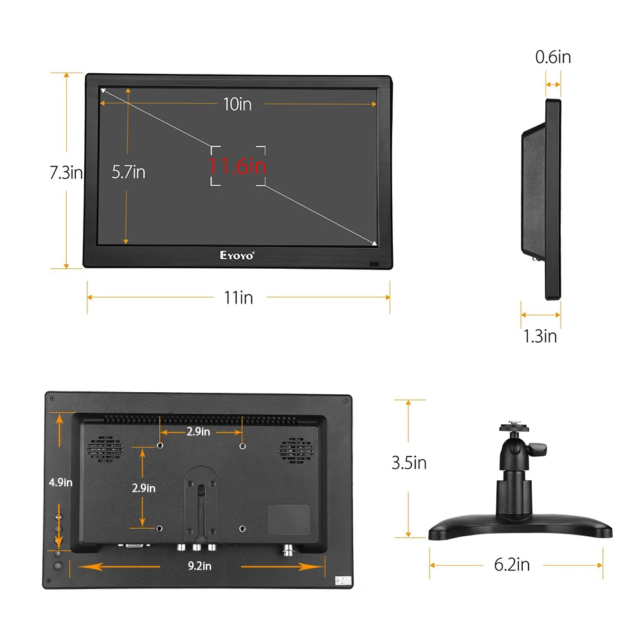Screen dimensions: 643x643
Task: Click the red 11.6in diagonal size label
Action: point(237,166)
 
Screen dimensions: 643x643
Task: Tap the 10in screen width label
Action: point(237,104)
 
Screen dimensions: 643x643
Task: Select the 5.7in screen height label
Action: point(129,172)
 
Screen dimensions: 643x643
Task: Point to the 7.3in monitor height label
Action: point(66,172)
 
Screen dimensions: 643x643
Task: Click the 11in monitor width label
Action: point(238,297)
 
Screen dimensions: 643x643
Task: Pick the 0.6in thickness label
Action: point(553,57)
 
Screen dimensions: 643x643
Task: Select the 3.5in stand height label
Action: point(409,462)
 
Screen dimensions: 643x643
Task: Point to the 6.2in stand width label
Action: point(512,565)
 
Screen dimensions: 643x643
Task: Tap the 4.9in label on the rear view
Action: point(59,482)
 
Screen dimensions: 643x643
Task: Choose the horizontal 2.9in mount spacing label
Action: point(199,431)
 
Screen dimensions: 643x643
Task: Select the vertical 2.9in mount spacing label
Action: point(143,488)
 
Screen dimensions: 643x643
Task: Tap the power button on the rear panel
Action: point(58,566)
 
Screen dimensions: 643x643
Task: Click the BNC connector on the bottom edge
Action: point(287,550)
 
